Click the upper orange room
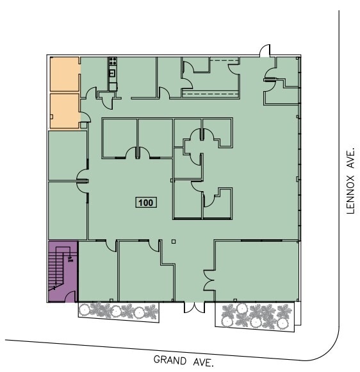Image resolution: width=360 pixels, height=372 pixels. [x=64, y=75]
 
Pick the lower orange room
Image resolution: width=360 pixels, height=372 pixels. [x=64, y=111]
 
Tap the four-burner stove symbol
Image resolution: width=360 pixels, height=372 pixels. [x=113, y=62]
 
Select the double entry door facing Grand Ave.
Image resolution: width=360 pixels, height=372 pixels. [x=193, y=308]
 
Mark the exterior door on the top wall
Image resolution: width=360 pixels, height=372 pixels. [x=264, y=51]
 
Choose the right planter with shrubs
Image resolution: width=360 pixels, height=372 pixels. [x=258, y=316]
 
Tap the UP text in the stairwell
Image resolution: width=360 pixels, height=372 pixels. [x=70, y=258]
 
